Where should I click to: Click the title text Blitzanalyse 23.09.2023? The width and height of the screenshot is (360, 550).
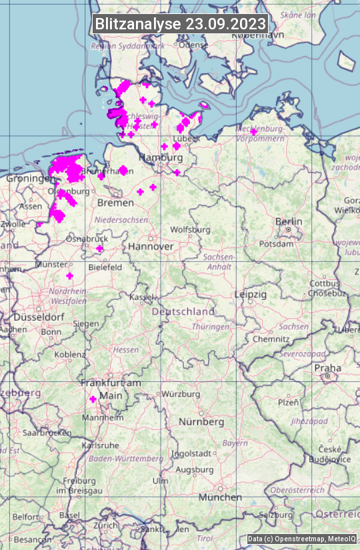click(180, 23)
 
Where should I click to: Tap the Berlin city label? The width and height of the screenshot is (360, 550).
click(289, 222)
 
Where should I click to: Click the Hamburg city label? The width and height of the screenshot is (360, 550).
click(161, 157)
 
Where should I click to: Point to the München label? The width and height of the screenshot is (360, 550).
click(220, 497)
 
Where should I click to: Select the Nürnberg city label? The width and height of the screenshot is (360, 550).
click(201, 422)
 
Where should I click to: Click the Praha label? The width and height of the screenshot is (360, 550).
click(327, 368)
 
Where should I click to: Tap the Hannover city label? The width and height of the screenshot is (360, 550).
click(151, 247)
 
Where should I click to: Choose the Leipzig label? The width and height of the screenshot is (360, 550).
click(251, 294)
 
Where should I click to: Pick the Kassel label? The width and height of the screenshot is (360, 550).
click(142, 297)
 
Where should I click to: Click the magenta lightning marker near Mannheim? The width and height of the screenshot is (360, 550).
click(93, 399)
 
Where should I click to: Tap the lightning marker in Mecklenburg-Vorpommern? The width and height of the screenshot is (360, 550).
click(253, 132)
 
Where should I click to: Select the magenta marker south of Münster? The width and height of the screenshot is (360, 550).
click(69, 275)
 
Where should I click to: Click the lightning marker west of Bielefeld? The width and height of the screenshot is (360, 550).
click(100, 249)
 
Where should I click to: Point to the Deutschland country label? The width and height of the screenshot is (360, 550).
click(183, 311)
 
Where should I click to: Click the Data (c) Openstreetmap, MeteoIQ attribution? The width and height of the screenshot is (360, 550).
click(302, 539)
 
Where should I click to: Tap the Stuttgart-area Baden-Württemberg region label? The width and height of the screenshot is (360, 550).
click(126, 459)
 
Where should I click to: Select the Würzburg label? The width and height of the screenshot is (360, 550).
click(181, 394)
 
